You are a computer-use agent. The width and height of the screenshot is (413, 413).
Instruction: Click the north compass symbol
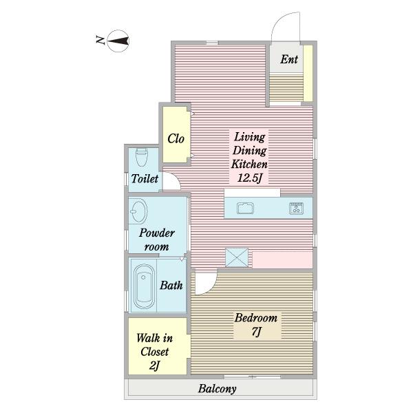[118, 41]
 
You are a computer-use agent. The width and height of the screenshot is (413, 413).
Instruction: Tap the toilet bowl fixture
[141, 157]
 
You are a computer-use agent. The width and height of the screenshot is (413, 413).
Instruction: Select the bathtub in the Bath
[144, 286]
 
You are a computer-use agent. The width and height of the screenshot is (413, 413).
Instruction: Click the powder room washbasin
[138, 211]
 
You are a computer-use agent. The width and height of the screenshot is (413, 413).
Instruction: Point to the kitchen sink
[245, 209]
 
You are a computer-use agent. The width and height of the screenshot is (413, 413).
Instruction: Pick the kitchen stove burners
[296, 209]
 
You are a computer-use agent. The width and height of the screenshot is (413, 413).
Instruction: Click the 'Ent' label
[289, 59]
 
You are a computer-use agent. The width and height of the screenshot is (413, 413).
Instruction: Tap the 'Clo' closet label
[176, 138]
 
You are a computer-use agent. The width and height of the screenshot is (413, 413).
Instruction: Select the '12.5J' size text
[250, 178]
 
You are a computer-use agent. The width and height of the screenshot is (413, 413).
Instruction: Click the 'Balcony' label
[218, 389]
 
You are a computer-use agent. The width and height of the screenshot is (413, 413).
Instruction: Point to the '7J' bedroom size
[256, 332]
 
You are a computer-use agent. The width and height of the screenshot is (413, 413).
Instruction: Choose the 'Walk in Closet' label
[155, 345]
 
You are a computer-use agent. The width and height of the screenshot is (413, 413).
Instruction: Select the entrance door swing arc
[278, 21]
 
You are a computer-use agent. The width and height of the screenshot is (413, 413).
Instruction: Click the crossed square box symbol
[237, 257]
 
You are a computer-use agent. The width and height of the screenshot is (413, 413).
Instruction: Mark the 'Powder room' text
[157, 240]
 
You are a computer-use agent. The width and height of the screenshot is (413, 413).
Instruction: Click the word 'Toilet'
[145, 178]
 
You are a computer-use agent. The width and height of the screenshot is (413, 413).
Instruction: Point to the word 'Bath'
[171, 285]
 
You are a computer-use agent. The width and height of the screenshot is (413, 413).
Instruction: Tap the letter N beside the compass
[100, 41]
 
